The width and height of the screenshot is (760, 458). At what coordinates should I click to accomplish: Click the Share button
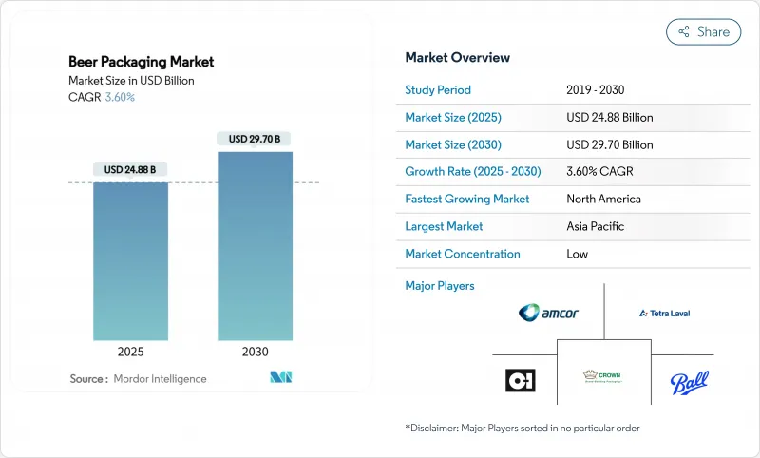pos(703,31)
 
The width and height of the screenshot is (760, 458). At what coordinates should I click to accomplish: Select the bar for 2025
pos(130,261)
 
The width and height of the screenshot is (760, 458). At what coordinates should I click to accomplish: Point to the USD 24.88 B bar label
pos(130,170)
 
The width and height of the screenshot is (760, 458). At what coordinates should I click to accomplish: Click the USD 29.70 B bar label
pos(256,139)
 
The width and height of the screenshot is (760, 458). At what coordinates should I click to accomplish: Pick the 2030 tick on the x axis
pos(256,352)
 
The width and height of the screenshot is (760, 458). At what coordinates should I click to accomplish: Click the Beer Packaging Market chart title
pos(142,62)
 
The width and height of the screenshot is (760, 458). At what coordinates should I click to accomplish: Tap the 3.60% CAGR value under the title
pos(119,97)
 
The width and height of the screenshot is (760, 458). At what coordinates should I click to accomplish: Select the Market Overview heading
pos(458,57)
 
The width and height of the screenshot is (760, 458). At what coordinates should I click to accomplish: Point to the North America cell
pos(603,200)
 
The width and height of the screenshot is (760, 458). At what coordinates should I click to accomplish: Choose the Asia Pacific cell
pos(596,226)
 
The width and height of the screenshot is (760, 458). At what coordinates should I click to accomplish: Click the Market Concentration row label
pos(463,254)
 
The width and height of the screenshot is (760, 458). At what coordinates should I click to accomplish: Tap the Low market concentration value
pos(577,254)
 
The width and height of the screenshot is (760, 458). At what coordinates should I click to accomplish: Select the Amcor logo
pos(548,313)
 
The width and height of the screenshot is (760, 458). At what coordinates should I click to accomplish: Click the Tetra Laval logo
pos(664,313)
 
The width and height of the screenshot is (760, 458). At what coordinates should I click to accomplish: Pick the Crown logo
pos(602,377)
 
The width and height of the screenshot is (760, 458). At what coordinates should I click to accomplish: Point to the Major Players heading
pos(440,286)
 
